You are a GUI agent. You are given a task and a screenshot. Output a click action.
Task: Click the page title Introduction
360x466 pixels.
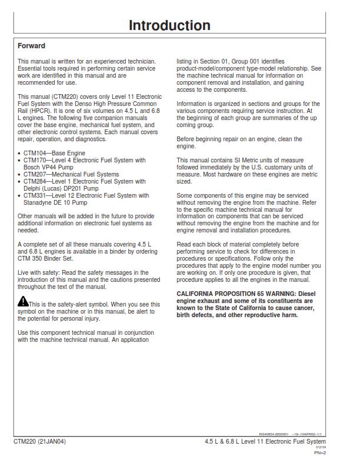[x=169, y=25]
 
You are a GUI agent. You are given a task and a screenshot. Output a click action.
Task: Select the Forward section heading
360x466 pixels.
[x=31, y=45]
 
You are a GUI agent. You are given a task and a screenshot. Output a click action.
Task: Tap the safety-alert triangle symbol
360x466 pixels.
[x=22, y=302]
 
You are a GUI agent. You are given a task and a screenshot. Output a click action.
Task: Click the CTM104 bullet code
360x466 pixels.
[x=34, y=153]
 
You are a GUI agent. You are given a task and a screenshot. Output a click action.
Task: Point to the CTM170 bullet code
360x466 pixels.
[x=34, y=160]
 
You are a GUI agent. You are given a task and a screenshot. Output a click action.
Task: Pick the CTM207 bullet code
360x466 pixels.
[x=34, y=174]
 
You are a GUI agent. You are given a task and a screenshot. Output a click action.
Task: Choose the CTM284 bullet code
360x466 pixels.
[x=34, y=181]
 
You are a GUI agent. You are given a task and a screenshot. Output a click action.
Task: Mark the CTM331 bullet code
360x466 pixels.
[x=34, y=195]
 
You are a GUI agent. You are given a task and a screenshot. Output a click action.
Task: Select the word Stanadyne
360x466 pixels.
[x=39, y=202]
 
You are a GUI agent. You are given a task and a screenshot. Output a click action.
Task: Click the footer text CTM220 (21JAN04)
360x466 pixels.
[x=39, y=441]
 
